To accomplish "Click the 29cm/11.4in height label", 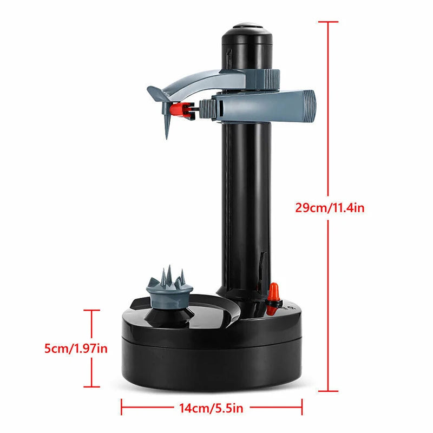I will click(329, 207).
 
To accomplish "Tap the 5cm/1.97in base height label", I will click(76, 349).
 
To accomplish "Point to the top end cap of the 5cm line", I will click(91, 311).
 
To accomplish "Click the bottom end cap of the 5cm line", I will click(91, 386).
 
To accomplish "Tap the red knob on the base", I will click(274, 291).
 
